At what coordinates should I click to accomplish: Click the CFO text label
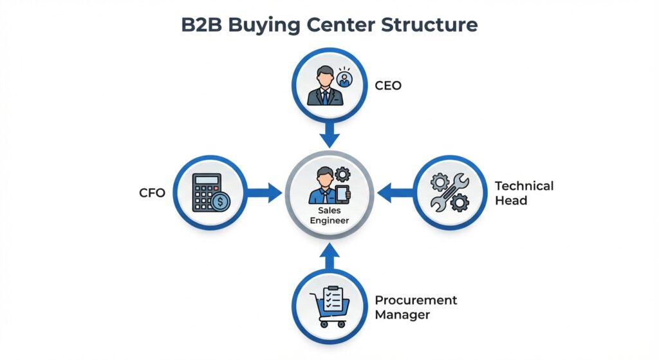coord(152,192)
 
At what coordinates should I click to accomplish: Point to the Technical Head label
coord(523,193)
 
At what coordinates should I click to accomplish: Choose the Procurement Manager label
coord(416,308)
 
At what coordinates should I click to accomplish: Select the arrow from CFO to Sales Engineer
coord(265,191)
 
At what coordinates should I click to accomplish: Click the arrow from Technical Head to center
coord(393,191)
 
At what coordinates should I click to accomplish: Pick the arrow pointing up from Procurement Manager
coord(329,258)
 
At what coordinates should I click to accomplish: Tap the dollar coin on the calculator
coord(221,202)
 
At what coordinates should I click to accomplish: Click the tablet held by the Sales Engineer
coord(342,194)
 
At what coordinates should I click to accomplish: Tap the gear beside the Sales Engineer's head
coord(342,173)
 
